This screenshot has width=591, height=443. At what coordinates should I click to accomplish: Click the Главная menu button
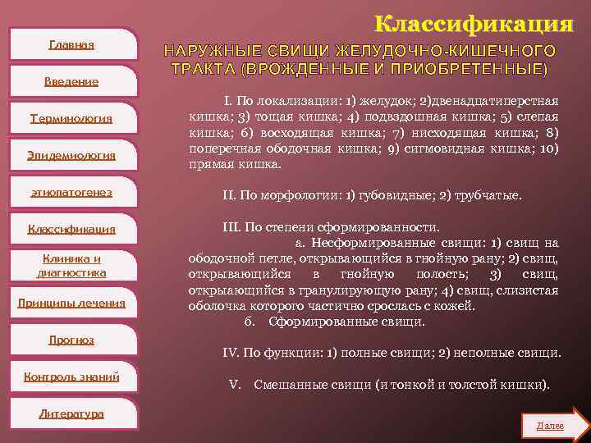71,44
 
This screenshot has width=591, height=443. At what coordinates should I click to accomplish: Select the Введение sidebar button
71,81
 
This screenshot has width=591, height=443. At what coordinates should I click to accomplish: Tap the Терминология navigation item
71,118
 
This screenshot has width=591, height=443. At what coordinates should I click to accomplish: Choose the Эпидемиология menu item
71,155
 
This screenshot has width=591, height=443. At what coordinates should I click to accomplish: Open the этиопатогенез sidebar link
71,192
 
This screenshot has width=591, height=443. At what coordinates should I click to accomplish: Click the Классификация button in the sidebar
71,229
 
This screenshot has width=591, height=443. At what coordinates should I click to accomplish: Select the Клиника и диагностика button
71,266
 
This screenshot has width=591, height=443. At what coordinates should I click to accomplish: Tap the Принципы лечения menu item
71,304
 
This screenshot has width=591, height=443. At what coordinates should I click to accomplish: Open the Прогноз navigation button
71,340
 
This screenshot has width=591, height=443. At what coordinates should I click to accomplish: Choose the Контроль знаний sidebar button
71,377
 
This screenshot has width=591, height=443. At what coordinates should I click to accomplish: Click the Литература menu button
71,413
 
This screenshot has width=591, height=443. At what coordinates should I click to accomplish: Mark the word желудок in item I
380,101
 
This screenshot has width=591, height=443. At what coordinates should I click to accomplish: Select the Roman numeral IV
231,353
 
